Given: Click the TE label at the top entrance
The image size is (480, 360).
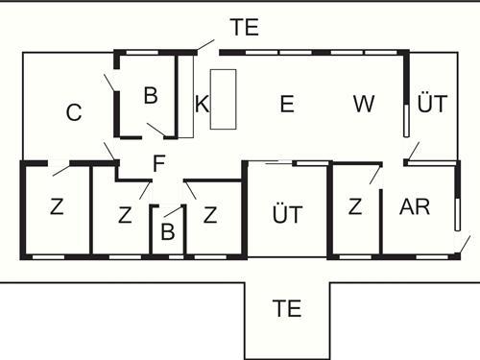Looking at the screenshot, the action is coord(245,28).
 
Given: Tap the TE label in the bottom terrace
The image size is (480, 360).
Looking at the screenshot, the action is coord(287,310).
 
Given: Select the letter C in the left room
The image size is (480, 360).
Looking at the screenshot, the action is coord(74,113).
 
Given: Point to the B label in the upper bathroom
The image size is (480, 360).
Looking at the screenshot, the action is coord(150,96).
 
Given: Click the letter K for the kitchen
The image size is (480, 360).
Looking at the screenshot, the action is coord(202,106).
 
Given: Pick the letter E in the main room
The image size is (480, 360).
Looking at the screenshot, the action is coord(286,106).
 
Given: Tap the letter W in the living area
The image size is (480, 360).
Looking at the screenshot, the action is coord(363,105).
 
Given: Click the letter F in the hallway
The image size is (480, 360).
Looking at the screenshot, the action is coord(159,164).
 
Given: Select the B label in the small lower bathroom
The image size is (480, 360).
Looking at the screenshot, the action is coord(167,232).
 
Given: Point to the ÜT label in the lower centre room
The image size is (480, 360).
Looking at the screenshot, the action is coord(287,214).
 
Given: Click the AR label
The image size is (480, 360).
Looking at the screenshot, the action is coord(415,207).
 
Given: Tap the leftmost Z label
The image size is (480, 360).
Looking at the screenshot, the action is coord(56,208).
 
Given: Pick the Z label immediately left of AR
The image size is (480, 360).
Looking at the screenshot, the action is coord(355,207).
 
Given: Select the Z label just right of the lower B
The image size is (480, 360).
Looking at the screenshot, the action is coord(210,215).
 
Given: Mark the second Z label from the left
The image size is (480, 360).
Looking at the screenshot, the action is coord(125,215).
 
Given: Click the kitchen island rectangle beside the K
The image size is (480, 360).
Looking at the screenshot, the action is coord(223,99).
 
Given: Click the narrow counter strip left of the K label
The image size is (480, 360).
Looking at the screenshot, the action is coord(186,96).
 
